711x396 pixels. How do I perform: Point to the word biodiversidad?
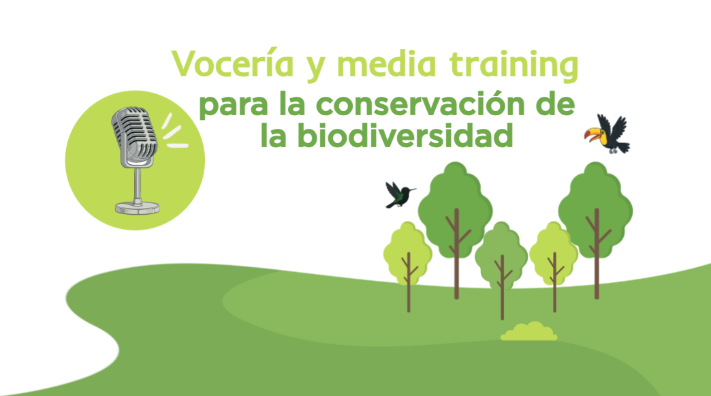[406, 135]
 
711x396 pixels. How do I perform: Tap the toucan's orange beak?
[592, 135]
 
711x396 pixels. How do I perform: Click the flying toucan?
[607, 134]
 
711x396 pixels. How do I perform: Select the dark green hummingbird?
[399, 195]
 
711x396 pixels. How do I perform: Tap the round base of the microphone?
[137, 208]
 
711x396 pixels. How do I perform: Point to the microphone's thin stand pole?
[137, 185]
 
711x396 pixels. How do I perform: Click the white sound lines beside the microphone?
[174, 132]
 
